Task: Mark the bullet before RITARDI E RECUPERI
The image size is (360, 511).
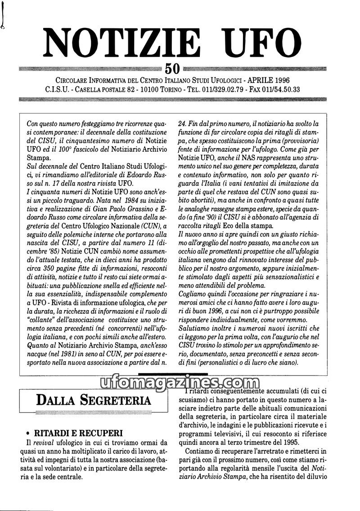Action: click(x=28, y=434)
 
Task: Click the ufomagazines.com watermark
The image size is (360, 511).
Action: click(x=180, y=383)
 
